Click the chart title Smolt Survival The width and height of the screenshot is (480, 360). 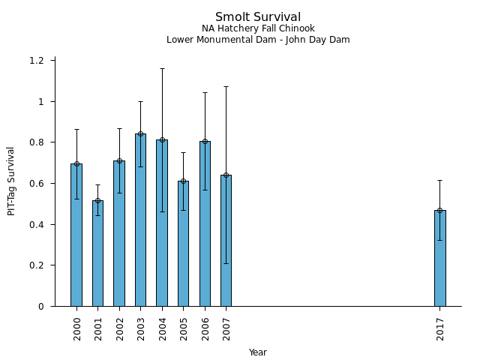258,17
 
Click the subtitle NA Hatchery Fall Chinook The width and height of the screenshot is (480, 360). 258,28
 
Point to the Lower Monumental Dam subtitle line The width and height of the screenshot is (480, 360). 258,40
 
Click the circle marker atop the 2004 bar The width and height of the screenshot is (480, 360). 162,139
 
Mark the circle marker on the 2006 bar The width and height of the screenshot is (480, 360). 205,141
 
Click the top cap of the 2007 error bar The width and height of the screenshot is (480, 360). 226,86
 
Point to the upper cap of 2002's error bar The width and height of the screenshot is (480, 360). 119,128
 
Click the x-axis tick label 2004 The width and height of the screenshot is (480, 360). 163,328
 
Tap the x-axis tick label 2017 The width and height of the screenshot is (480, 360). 440,328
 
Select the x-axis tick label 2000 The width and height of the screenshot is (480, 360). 77,328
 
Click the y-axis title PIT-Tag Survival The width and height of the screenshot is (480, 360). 11,181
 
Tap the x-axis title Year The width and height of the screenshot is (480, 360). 258,352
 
